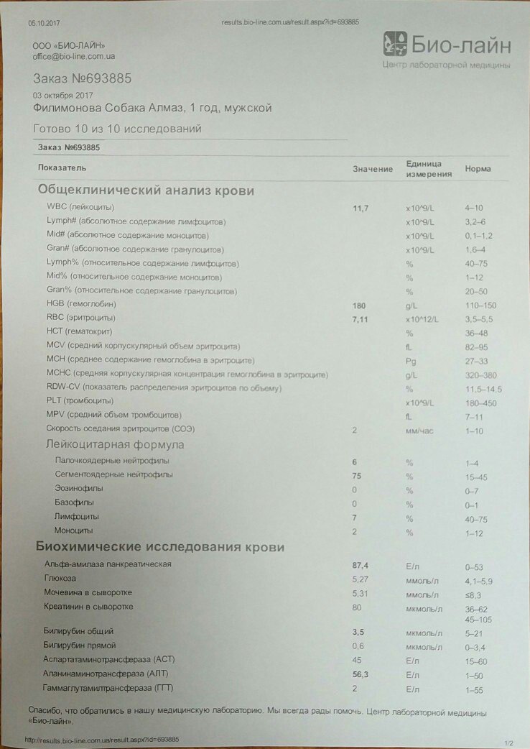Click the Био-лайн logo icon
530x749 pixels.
click(396, 45)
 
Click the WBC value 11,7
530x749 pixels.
click(361, 208)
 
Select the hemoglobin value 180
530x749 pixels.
click(360, 305)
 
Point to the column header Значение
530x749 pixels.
click(373, 169)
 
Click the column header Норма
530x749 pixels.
click(478, 169)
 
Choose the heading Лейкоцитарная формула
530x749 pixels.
click(115, 444)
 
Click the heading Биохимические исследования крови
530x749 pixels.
click(160, 547)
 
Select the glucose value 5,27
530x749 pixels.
click(361, 580)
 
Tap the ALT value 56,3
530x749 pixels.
click(361, 675)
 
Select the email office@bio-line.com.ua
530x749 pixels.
click(75, 56)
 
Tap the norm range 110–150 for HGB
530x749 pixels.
click(481, 305)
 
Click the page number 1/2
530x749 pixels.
click(510, 743)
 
